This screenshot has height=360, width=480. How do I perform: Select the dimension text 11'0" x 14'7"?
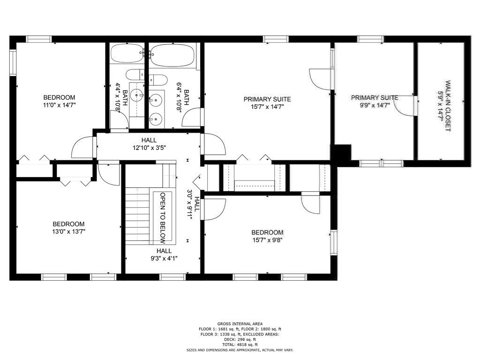pyautogui.click(x=59, y=105)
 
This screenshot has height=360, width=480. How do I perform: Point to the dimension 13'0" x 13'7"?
pyautogui.click(x=68, y=232)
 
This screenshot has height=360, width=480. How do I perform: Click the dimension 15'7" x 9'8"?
pyautogui.click(x=267, y=240)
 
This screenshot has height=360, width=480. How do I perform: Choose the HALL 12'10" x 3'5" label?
pyautogui.click(x=149, y=144)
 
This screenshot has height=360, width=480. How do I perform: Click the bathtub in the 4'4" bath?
pyautogui.click(x=127, y=53)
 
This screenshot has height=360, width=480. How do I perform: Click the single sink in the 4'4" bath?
pyautogui.click(x=137, y=95)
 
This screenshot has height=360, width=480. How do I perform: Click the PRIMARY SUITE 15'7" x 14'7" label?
pyautogui.click(x=267, y=103)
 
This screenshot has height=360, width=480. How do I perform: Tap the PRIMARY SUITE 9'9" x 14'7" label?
pyautogui.click(x=375, y=101)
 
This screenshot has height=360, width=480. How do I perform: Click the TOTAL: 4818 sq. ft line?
pyautogui.click(x=240, y=345)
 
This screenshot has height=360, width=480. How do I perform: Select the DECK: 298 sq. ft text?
pyautogui.click(x=240, y=339)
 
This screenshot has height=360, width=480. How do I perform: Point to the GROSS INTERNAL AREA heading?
pyautogui.click(x=240, y=324)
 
